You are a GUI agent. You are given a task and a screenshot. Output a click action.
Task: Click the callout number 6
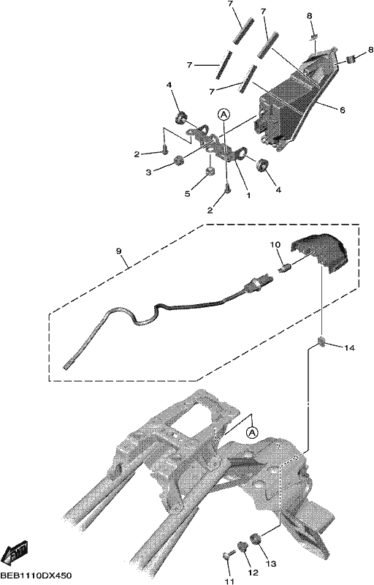343,110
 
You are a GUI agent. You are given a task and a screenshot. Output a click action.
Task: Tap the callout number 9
119,252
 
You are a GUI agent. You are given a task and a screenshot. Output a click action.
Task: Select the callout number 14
349,348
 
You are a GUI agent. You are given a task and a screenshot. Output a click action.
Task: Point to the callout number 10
275,245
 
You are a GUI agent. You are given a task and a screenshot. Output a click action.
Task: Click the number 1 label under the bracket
248,195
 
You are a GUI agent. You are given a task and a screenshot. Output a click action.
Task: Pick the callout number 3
148,173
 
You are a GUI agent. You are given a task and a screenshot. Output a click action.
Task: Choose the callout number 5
188,194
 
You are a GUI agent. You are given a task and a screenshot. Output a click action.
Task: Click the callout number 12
253,573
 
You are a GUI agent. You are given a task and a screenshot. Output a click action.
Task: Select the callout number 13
271,564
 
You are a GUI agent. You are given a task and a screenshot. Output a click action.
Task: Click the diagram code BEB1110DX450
36,575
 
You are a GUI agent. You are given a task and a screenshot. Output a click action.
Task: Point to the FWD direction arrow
15,551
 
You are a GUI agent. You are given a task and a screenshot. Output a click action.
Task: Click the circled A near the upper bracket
224,114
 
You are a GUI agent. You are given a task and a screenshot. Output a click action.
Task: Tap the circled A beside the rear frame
252,433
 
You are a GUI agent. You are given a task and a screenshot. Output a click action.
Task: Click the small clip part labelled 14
321,341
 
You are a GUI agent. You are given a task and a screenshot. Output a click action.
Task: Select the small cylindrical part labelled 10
285,268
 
